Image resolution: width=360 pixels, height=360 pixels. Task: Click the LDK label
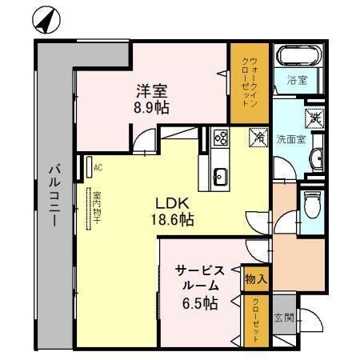pyautogui.click(x=171, y=203)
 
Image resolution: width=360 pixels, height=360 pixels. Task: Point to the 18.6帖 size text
pyautogui.click(x=173, y=218)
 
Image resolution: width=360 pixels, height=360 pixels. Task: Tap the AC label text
pyautogui.click(x=98, y=168)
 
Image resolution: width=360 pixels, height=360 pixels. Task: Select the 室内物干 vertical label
pyautogui.click(x=95, y=210)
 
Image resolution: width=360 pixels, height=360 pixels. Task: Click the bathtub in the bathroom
pyautogui.click(x=298, y=57)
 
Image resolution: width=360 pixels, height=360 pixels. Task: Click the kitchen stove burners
pyautogui.click(x=220, y=139)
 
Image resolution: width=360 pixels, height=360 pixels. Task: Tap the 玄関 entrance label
pyautogui.click(x=283, y=317)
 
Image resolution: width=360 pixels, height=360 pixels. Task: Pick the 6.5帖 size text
pyautogui.click(x=199, y=303)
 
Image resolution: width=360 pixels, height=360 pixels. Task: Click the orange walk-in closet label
pyautogui.click(x=251, y=82)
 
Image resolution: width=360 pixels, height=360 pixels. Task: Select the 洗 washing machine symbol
pyautogui.click(x=315, y=117)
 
